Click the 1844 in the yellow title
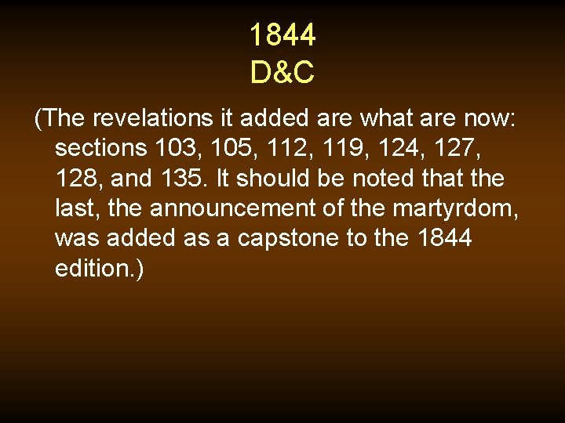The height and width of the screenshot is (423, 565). click(x=282, y=35)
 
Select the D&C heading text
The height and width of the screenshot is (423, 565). click(x=282, y=73)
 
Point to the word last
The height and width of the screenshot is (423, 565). click(x=76, y=208)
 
